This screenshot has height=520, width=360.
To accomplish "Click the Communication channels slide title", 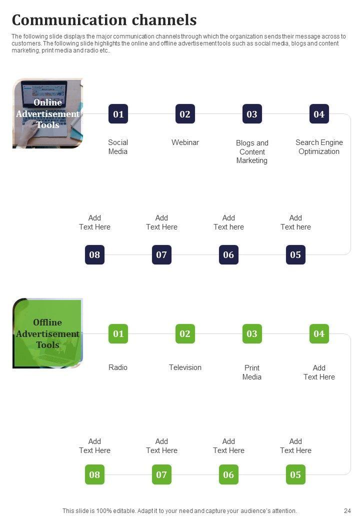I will [104, 20].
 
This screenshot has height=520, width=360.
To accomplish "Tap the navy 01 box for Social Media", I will [118, 114].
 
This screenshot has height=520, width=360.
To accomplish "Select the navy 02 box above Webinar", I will [185, 114].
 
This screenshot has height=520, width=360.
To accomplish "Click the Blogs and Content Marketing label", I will [252, 151].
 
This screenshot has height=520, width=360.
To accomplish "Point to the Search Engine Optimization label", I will [319, 147].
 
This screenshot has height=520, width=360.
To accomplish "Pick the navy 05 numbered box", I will [295, 254].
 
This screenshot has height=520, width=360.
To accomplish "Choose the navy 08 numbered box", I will [94, 254].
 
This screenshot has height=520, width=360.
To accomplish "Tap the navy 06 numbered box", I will [228, 254].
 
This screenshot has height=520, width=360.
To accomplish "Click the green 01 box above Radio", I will [118, 333].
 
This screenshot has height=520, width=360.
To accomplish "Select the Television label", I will [185, 367].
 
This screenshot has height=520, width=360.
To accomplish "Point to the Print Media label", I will [252, 372].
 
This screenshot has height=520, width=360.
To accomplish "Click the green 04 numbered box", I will [319, 333].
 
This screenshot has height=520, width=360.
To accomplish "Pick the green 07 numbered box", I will [161, 474].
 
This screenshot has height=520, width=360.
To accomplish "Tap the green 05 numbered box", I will [295, 474].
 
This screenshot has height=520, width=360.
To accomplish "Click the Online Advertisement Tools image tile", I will [47, 113].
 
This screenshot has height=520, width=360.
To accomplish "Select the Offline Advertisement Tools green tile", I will [47, 333].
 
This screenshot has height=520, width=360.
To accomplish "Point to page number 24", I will [347, 511].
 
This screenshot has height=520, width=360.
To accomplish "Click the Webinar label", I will [185, 142].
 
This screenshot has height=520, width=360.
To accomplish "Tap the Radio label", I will [118, 367].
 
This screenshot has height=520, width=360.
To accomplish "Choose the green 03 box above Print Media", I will [252, 333].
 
